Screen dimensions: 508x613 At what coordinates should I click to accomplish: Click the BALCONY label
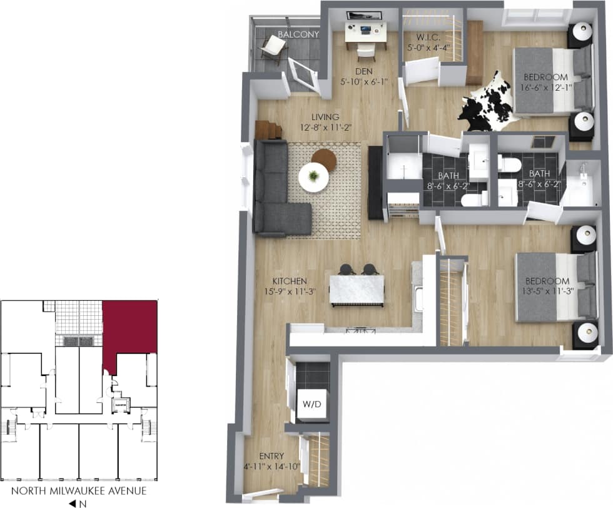coord(298,34)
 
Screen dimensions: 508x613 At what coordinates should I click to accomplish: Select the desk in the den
coord(366,28)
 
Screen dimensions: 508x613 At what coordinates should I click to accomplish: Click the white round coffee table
coord(313,177)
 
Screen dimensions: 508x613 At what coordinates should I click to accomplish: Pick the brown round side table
coord(324,159)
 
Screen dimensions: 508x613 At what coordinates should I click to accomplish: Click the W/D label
coord(311,404)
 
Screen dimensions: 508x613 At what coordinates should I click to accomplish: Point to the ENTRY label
coord(255,457)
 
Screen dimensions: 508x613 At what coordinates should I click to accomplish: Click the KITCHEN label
coord(271,281)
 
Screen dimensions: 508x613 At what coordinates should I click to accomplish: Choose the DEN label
coord(364,72)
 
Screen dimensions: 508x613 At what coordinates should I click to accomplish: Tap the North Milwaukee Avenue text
coord(79,490)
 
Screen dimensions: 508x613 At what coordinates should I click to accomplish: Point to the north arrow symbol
coord(73,502)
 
